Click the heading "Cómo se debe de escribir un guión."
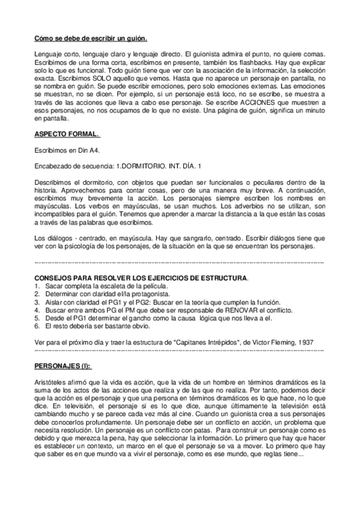[x=90, y=38]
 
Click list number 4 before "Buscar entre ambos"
[x=37, y=310]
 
